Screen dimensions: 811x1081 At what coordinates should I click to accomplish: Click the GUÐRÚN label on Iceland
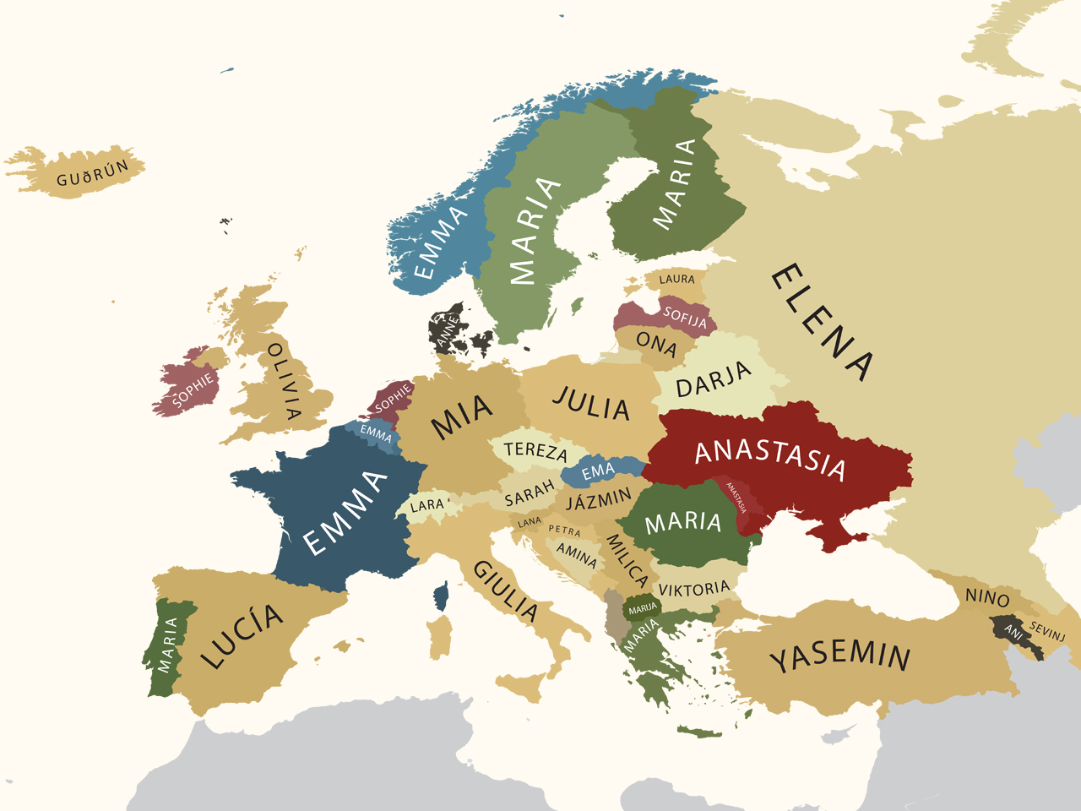click(x=93, y=174)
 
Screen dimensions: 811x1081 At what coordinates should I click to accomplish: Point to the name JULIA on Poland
click(x=591, y=404)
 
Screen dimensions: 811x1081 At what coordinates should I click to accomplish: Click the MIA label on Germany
click(x=462, y=416)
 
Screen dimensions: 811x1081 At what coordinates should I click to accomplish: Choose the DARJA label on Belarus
click(x=714, y=379)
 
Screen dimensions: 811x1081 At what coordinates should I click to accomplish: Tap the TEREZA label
click(x=535, y=449)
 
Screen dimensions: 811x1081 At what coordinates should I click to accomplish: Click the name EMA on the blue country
click(x=598, y=471)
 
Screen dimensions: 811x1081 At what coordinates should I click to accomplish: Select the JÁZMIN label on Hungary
click(x=599, y=499)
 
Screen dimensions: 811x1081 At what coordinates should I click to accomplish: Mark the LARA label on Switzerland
click(x=426, y=505)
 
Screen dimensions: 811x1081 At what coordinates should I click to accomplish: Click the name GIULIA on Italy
click(x=505, y=591)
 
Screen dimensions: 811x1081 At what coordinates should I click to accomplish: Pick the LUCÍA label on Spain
click(x=242, y=634)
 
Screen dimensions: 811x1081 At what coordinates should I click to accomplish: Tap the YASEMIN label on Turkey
click(x=840, y=656)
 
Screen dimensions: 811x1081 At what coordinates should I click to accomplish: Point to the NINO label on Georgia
click(x=987, y=597)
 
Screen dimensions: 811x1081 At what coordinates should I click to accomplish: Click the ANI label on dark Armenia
click(x=1013, y=630)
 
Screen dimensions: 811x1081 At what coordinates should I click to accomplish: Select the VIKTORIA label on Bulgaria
click(x=693, y=589)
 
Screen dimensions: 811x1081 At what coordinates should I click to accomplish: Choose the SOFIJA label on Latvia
click(x=685, y=317)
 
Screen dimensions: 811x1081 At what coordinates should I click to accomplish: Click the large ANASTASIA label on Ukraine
click(x=769, y=459)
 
